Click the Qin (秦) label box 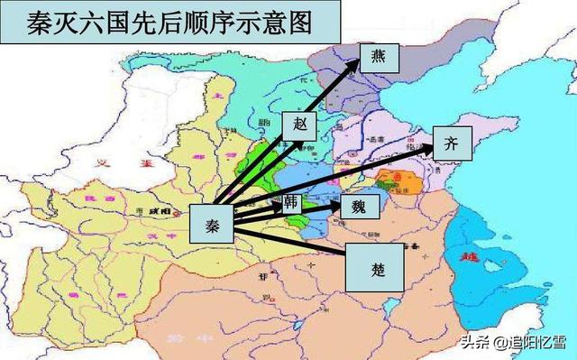point(212,223)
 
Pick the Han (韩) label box point(292,200)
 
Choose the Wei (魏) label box point(358,207)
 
